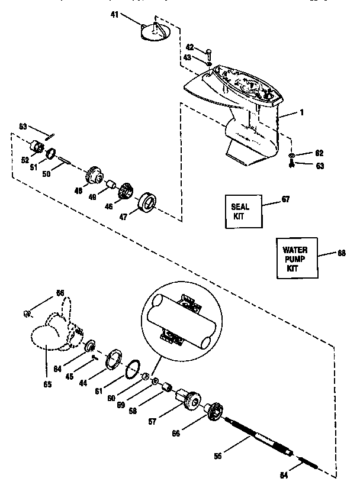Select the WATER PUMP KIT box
coord(296,258)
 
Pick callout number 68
coord(342,253)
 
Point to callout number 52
coord(24,160)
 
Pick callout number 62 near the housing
coord(319,153)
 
